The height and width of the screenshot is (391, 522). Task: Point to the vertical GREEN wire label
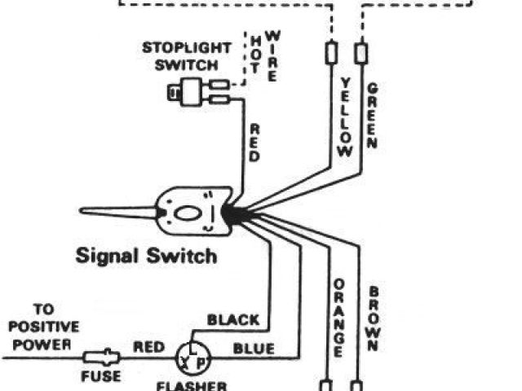372,115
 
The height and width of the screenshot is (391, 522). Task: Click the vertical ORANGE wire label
338,319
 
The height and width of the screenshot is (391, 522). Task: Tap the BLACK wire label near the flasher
232,320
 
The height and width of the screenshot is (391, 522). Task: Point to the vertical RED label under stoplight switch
254,143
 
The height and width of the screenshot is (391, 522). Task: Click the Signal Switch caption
147,256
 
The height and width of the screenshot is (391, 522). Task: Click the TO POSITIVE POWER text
44,326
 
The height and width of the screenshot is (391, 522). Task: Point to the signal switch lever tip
85,211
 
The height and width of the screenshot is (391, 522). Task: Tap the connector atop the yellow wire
331,52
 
